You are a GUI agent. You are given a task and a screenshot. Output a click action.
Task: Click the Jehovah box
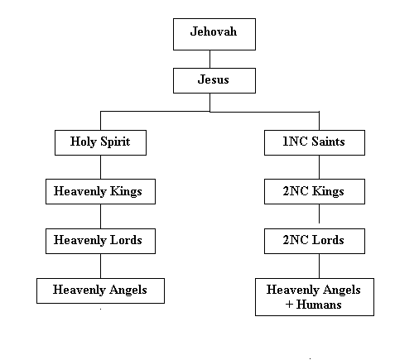coord(214,34)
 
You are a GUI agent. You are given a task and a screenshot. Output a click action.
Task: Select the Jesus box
coord(214,80)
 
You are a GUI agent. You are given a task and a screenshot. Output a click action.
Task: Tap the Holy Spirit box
coord(100,142)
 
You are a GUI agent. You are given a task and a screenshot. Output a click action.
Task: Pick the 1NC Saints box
coord(315,142)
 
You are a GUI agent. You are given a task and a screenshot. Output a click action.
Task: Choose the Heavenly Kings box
coord(100,191)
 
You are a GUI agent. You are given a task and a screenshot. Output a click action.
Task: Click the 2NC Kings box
coord(315,191)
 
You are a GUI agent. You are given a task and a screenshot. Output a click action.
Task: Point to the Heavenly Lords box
coord(100,241)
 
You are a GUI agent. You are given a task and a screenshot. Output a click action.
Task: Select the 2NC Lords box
coord(315,241)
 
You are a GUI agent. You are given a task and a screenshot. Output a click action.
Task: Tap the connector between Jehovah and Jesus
coord(209,59)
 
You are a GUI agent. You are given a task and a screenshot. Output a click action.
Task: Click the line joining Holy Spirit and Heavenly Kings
coord(100,167)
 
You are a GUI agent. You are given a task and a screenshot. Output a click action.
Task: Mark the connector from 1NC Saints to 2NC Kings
coord(320,167)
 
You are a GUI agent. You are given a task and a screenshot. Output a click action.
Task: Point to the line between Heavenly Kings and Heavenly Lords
coord(100,216)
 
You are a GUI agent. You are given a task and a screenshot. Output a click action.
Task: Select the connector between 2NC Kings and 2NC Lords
coord(320,214)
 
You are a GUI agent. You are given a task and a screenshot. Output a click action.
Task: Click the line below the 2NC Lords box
coord(320,266)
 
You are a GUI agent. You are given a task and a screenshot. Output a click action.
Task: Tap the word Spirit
coord(115,142)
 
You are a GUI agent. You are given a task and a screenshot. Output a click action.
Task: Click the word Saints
coord(328,142)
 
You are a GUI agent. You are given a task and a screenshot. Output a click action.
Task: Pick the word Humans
coord(319,305)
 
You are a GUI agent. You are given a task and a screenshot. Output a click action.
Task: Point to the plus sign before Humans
coord(289,305)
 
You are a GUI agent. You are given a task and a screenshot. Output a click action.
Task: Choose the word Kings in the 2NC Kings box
coord(328,191)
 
